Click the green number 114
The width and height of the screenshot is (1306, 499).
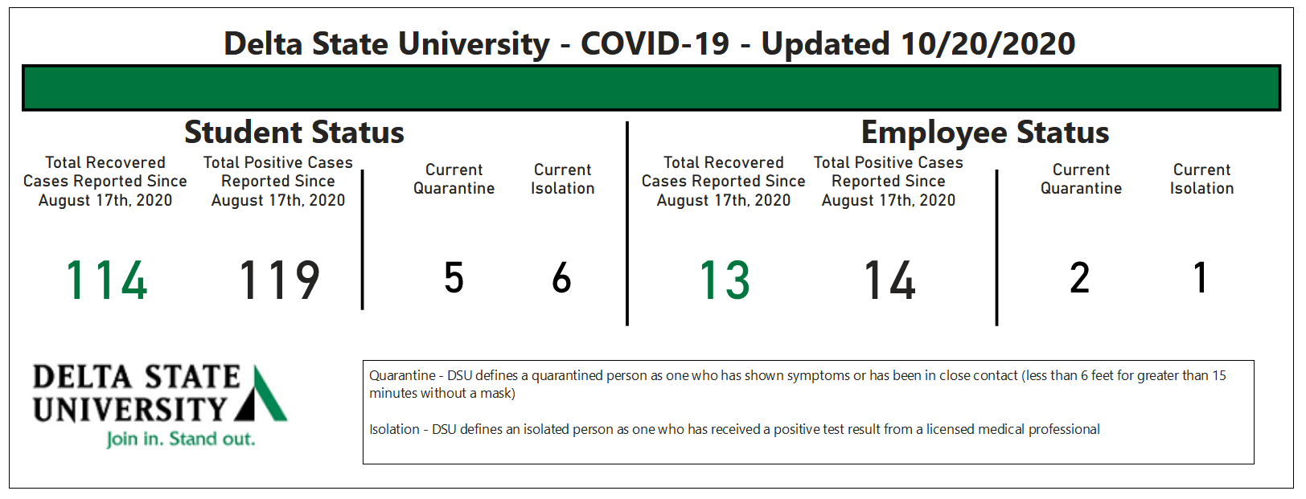(x=106, y=280)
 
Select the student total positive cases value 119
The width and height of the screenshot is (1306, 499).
(x=279, y=280)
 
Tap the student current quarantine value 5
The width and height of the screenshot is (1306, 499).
(x=454, y=277)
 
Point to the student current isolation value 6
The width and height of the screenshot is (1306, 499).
(x=562, y=277)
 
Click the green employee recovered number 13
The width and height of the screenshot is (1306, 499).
(x=724, y=280)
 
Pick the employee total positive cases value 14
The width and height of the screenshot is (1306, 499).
(x=889, y=280)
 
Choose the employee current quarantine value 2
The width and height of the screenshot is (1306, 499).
(x=1080, y=277)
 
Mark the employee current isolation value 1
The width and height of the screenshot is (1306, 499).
(x=1201, y=277)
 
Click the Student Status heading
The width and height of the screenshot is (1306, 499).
(x=294, y=132)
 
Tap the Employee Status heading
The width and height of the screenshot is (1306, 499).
(x=985, y=132)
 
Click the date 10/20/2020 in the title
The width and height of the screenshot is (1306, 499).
(x=988, y=44)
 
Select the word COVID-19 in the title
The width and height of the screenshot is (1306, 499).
(x=655, y=43)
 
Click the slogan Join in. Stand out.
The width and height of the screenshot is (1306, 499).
(x=180, y=439)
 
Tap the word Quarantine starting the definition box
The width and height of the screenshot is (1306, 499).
(x=402, y=375)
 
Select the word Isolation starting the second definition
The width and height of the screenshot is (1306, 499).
(x=394, y=429)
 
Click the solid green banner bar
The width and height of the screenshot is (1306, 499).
(x=651, y=88)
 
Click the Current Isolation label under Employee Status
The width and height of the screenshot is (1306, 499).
(x=1201, y=178)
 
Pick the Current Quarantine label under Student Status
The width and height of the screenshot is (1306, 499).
(x=454, y=178)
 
